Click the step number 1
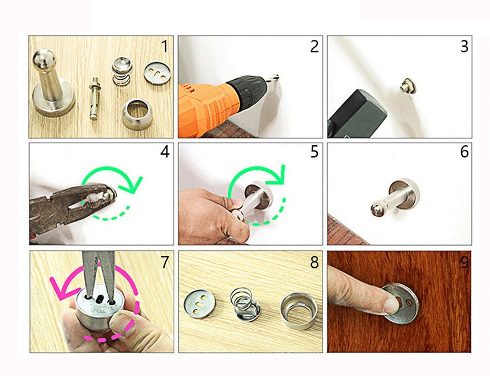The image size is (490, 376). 165,47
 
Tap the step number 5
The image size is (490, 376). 314,152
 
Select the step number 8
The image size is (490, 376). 314,263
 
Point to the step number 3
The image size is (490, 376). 464,47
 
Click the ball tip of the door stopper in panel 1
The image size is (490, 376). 44,59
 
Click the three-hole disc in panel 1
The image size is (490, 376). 157,73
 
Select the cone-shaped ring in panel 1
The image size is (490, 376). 137,114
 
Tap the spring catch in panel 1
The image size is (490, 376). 122,71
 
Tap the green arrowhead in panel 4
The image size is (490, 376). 131,185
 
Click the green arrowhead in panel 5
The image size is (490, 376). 277,175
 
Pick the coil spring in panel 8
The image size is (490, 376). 244,304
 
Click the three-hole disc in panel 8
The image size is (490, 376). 199,304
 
